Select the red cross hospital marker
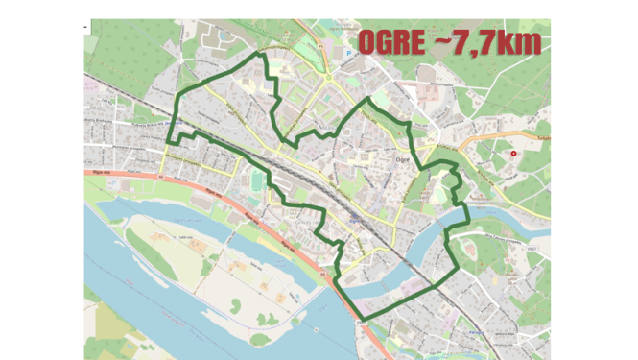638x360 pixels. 513,154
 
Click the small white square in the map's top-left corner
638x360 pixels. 86,27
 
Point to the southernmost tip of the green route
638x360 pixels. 364,319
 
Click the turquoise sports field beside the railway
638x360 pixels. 255,180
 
